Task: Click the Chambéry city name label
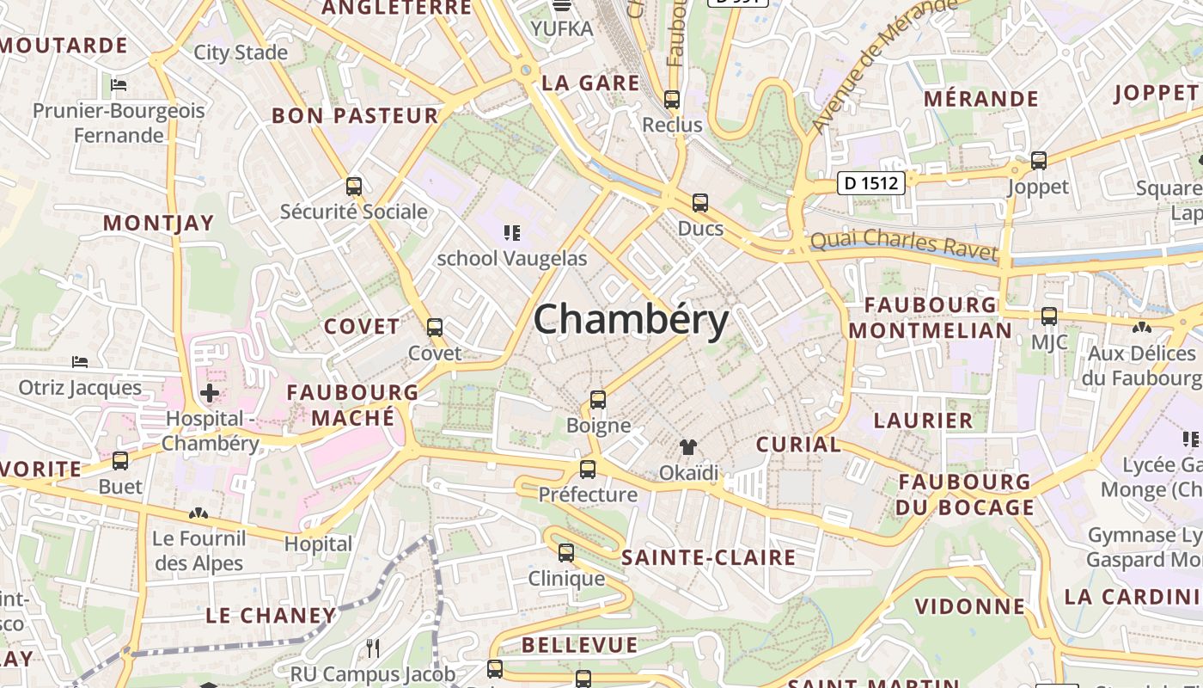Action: [x=631, y=320]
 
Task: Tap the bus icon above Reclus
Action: [x=672, y=100]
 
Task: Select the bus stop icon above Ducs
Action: [x=700, y=203]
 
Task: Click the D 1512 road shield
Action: [x=871, y=182]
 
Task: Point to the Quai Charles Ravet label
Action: [x=904, y=245]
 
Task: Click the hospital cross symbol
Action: [x=209, y=394]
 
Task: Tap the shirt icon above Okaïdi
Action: [x=688, y=447]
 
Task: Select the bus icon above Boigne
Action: [x=598, y=400]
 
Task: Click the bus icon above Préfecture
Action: [x=588, y=470]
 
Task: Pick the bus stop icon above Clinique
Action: [x=565, y=553]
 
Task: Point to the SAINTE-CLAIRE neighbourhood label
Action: [x=708, y=557]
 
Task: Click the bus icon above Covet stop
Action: [x=435, y=328]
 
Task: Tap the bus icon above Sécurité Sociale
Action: [x=353, y=186]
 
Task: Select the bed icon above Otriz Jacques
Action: [x=80, y=362]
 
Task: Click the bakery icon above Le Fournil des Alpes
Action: [x=198, y=513]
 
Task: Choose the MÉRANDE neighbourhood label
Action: [x=981, y=98]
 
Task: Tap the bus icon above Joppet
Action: [x=1038, y=161]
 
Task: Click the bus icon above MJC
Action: [x=1049, y=316]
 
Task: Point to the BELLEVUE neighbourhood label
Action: [x=579, y=645]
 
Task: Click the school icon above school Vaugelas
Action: [x=512, y=232]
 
